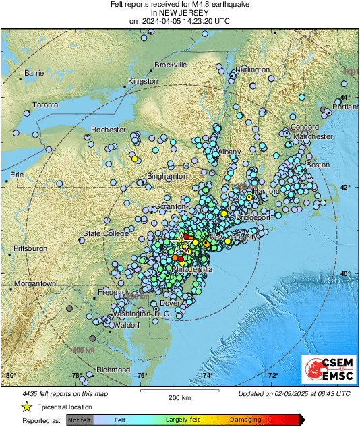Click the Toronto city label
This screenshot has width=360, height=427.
(x=47, y=105)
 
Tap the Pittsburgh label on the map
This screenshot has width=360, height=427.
(x=30, y=248)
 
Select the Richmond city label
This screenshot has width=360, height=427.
(x=113, y=370)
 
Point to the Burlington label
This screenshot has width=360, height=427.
(x=253, y=70)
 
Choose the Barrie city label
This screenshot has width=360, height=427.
(x=34, y=72)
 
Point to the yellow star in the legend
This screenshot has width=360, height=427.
(x=26, y=407)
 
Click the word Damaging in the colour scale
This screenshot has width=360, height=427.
(x=245, y=419)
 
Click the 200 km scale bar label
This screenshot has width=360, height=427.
(x=180, y=398)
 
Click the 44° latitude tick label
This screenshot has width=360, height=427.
(x=344, y=99)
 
